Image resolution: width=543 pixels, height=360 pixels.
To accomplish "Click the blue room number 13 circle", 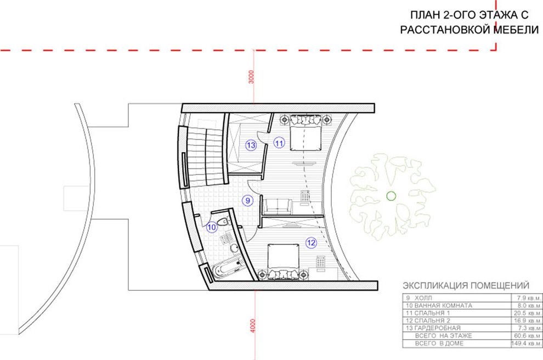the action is coord(251,145).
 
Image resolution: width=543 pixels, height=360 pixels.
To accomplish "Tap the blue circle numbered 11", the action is coord(279,142).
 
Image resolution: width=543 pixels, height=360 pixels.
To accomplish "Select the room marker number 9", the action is coord(247,200).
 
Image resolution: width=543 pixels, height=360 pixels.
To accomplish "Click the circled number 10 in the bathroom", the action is coord(212,227).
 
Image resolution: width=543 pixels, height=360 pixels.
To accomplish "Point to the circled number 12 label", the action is coord(311,243).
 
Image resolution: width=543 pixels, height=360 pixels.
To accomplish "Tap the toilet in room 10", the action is coord(223,222).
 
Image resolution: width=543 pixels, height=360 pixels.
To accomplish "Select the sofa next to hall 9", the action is coord(278,206).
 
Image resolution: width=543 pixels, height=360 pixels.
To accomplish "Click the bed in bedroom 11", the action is coord(305,134).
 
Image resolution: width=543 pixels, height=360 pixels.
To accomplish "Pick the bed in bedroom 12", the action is coord(283,260).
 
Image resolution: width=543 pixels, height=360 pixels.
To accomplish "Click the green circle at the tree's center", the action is coord(391,196).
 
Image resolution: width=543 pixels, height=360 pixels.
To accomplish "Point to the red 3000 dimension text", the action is coord(252,77).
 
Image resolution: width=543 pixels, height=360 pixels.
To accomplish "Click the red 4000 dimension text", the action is coord(252,325).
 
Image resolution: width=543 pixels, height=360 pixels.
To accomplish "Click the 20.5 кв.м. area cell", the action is coord(527,313).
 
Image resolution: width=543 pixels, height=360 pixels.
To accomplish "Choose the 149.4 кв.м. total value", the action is coord(527,344).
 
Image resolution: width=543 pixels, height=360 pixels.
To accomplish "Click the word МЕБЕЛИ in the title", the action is coord(516,30).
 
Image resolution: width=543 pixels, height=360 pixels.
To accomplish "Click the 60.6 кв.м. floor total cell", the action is coord(527,336).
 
